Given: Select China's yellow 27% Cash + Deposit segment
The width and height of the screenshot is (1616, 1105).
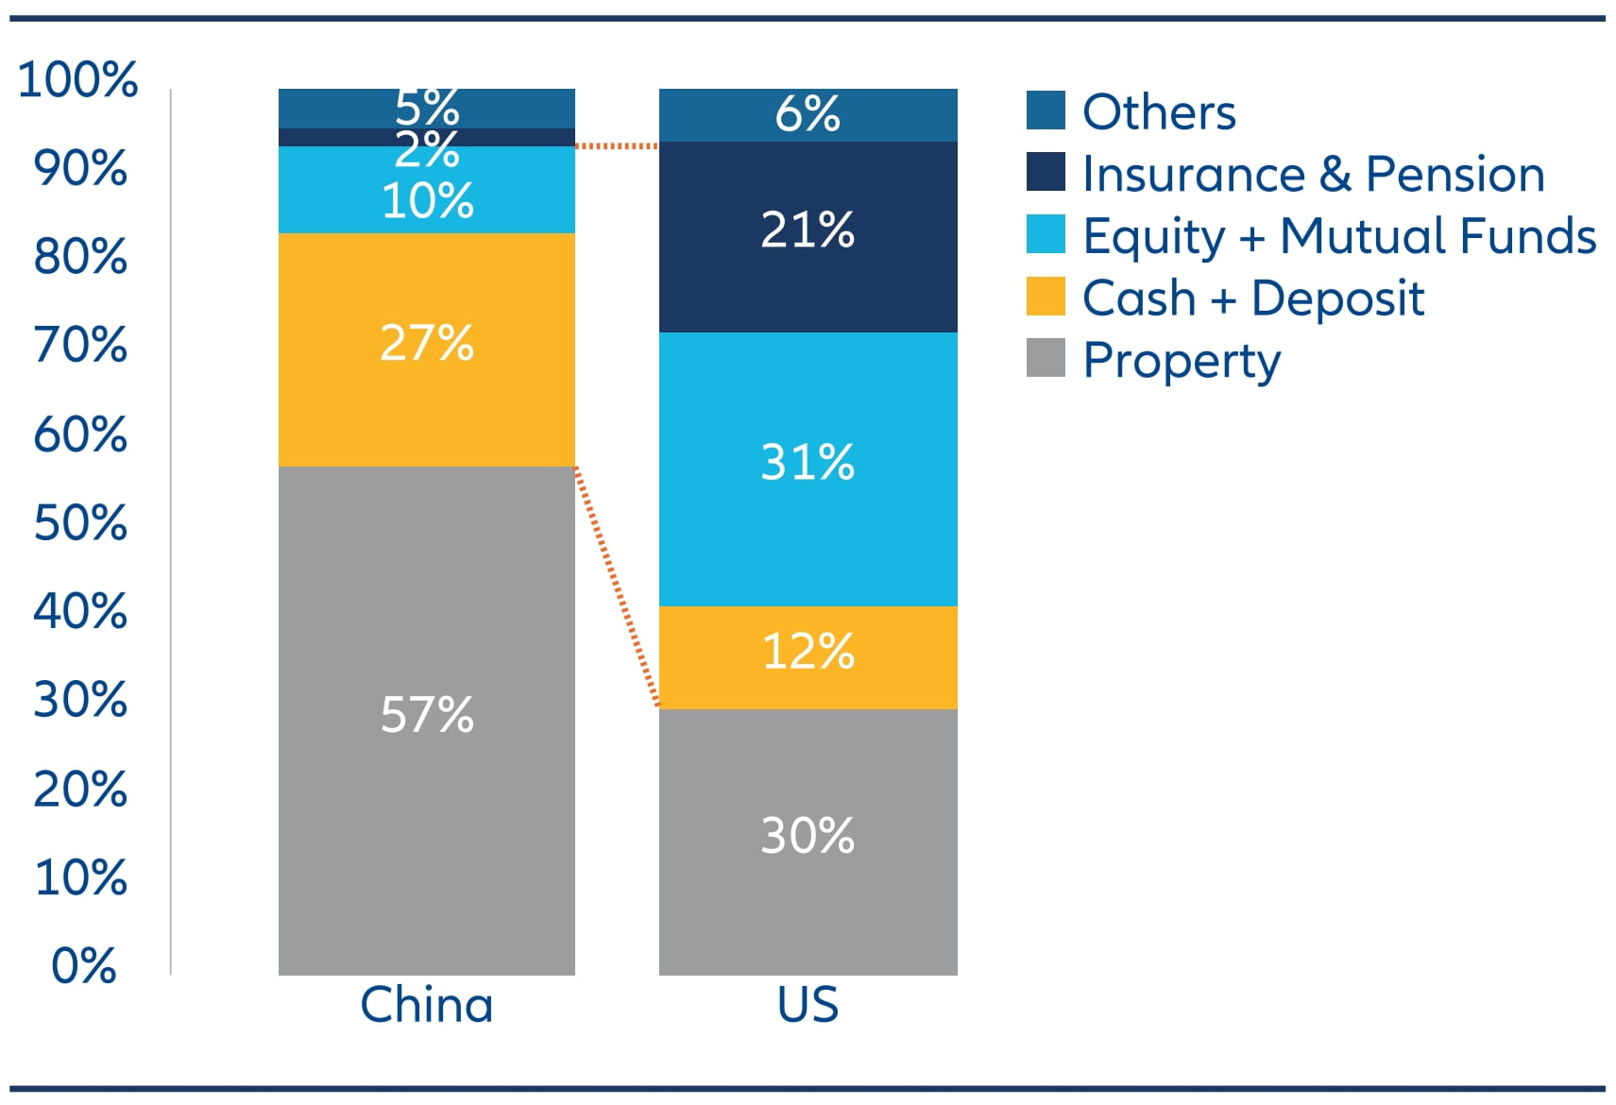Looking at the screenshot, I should tap(426, 349).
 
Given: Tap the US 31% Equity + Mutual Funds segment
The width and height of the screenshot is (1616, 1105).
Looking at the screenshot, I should tap(808, 468).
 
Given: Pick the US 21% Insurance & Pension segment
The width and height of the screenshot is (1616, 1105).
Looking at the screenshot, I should tap(808, 236).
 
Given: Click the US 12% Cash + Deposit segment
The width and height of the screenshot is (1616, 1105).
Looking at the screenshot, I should tap(808, 657).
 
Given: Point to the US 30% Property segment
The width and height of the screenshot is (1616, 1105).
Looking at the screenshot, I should tap(808, 841).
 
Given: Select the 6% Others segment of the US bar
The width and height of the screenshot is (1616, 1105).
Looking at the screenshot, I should tap(808, 115).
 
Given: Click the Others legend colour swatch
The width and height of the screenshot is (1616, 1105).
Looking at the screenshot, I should tap(1045, 110).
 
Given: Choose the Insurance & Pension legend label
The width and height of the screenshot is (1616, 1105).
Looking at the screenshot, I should tap(1313, 174).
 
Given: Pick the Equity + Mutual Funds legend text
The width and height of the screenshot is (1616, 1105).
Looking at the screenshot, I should tap(1338, 236).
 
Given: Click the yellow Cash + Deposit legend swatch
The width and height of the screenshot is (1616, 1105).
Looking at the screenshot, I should tap(1045, 297).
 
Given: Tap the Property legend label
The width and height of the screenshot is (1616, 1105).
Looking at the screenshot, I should tap(1181, 361).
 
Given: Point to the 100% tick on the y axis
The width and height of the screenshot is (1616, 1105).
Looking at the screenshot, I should tap(78, 79).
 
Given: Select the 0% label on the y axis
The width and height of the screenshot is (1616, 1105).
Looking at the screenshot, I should tap(84, 965).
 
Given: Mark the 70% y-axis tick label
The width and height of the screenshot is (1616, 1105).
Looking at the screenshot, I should tap(80, 345).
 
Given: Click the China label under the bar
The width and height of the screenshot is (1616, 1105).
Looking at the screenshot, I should tap(426, 1004).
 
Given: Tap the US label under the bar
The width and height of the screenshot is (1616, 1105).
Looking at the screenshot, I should tap(808, 1004).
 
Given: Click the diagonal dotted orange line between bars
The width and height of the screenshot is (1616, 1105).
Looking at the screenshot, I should tap(616, 586).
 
